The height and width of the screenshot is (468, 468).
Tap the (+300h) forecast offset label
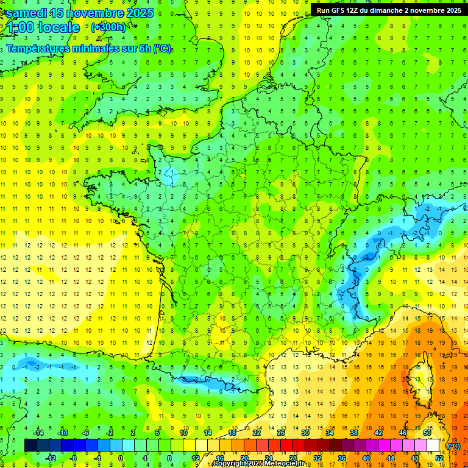tap(108, 27)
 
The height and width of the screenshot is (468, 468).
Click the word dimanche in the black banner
tap(398, 10)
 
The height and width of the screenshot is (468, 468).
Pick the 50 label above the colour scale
tap(427, 433)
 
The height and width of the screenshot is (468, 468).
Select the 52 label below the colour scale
tap(439, 458)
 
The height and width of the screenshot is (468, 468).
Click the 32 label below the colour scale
tap(317, 458)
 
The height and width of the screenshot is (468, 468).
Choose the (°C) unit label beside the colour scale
tap(454, 445)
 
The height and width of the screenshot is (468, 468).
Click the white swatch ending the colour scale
tap(433, 445)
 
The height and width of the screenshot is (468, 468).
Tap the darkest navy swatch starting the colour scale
tap(30, 445)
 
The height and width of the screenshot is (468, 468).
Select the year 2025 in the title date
tap(136, 13)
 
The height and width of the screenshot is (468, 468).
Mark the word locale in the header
tap(58, 27)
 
